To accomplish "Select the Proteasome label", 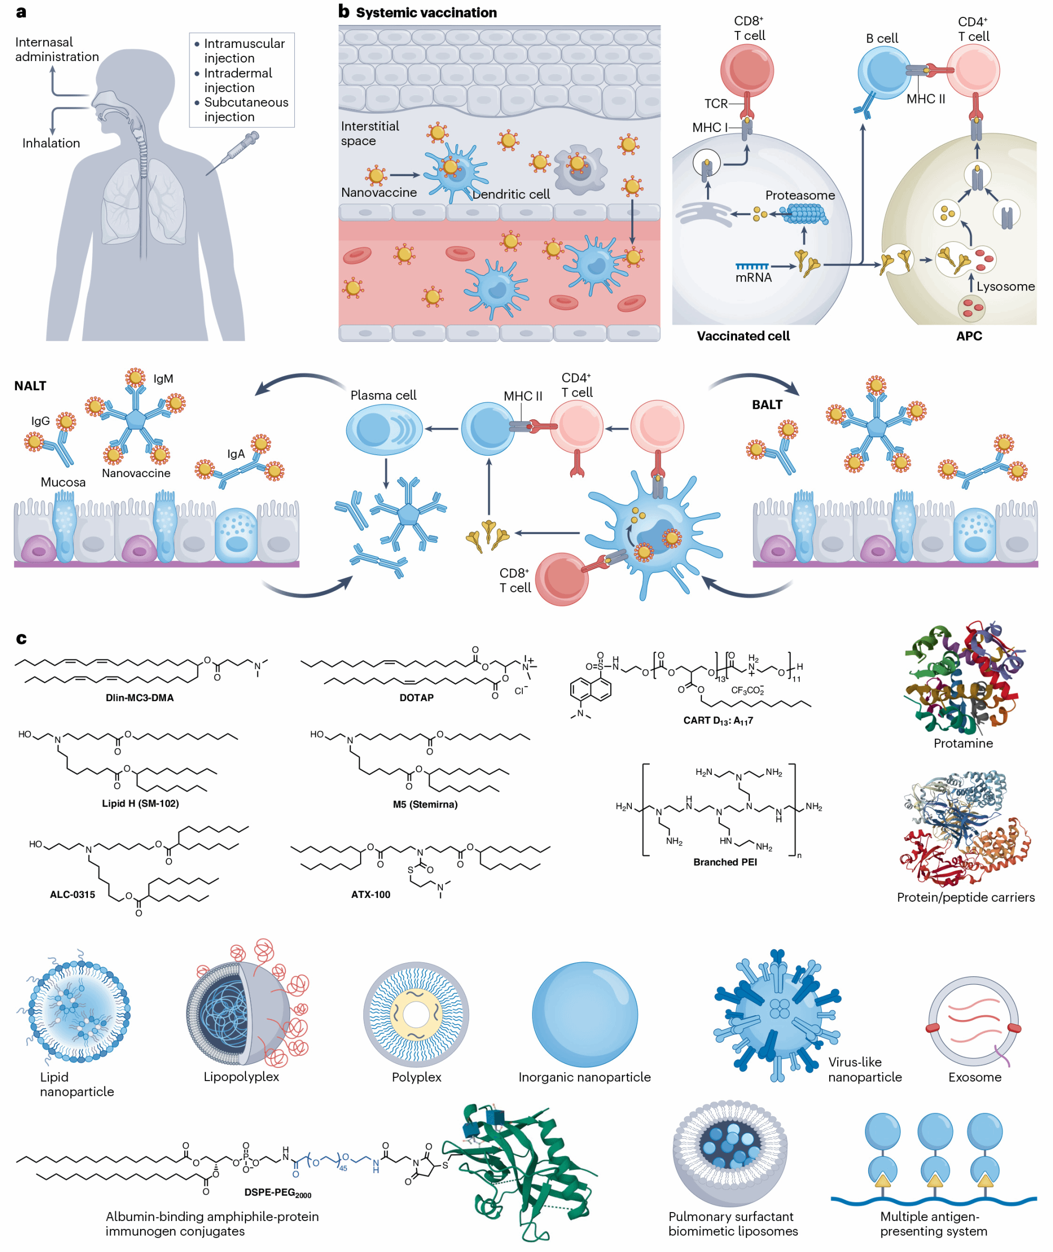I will pyautogui.click(x=799, y=195).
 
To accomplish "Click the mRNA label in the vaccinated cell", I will pyautogui.click(x=753, y=277).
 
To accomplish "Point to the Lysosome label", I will pyautogui.click(x=1005, y=286).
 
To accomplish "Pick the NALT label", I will pyautogui.click(x=30, y=386).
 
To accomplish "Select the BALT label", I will pyautogui.click(x=767, y=405).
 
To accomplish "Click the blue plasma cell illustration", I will pyautogui.click(x=384, y=429).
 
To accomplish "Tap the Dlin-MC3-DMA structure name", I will pyautogui.click(x=140, y=697).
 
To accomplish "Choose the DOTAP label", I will pyautogui.click(x=416, y=697).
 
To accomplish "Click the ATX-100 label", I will pyautogui.click(x=370, y=894).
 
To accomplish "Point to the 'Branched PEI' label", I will pyautogui.click(x=724, y=862).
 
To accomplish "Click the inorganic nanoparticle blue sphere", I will pyautogui.click(x=584, y=1014).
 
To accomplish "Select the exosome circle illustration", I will pyautogui.click(x=973, y=1021).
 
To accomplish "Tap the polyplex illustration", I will pyautogui.click(x=416, y=1014).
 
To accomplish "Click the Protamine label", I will pyautogui.click(x=963, y=743).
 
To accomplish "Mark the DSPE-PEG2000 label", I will pyautogui.click(x=277, y=1193).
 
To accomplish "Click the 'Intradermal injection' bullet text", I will pyautogui.click(x=237, y=80).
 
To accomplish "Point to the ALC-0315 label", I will pyautogui.click(x=72, y=894).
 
